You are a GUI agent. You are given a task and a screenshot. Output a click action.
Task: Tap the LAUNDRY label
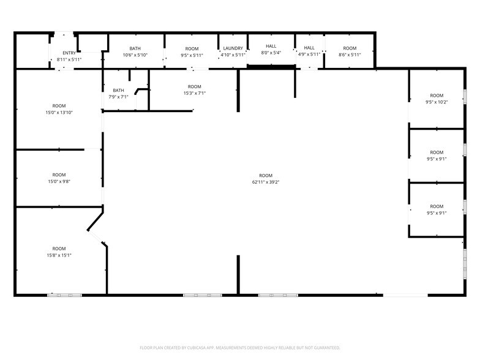click(233, 48)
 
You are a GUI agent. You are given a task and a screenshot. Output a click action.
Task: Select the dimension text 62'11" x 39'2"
click(265, 182)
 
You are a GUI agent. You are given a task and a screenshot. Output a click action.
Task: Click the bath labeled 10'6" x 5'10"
click(135, 51)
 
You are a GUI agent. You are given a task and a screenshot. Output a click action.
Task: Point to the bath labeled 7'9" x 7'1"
click(118, 93)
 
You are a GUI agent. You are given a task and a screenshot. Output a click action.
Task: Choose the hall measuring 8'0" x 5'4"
click(271, 49)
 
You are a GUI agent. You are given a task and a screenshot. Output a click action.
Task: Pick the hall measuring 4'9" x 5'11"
click(309, 51)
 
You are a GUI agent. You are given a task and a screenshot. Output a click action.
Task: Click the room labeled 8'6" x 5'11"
click(350, 51)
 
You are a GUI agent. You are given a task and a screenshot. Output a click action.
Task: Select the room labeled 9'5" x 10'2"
click(436, 99)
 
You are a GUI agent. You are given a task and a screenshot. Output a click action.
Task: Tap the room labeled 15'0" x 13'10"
click(59, 109)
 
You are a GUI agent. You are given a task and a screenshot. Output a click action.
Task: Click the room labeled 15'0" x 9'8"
click(59, 178)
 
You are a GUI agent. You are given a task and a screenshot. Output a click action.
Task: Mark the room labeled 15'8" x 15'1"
click(59, 252)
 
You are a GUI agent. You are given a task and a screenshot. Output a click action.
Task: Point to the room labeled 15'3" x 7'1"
click(194, 90)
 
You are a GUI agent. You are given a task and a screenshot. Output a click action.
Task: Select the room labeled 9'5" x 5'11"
click(192, 51)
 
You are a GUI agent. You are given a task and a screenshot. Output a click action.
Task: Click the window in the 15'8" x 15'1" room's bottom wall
click(65, 295)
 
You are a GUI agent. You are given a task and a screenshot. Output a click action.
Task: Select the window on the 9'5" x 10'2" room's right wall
click(465, 98)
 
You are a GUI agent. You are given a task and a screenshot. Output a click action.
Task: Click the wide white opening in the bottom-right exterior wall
click(405, 295)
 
